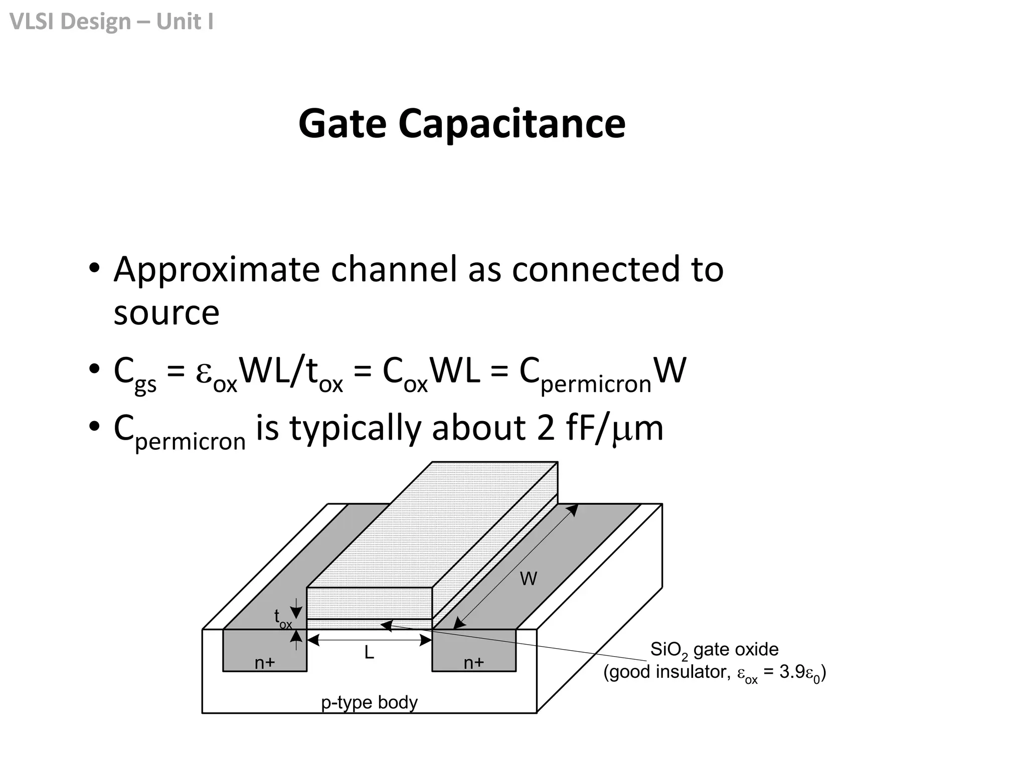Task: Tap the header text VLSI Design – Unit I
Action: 111,22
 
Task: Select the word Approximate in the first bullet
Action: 216,271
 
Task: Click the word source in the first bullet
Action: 166,313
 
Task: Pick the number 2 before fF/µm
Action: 546,429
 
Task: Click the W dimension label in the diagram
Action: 528,579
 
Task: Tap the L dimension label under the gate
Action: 369,653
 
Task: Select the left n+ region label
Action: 265,663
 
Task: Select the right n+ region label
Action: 474,663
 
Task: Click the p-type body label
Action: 369,702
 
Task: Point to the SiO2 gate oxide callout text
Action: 714,650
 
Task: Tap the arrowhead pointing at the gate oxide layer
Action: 386,625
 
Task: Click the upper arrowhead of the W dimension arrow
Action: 574,509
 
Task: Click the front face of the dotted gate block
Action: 369,603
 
